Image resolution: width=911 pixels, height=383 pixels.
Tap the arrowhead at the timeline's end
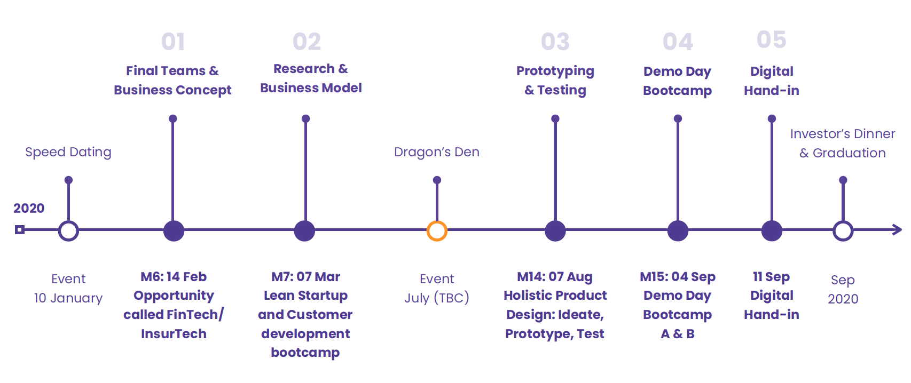pyautogui.click(x=898, y=229)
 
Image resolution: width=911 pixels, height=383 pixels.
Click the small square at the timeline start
pyautogui.click(x=20, y=230)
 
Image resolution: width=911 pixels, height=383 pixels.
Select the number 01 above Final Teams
pyautogui.click(x=173, y=42)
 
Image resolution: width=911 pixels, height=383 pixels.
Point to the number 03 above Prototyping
pyautogui.click(x=555, y=42)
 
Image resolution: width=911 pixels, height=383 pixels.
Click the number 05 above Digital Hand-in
pyautogui.click(x=772, y=39)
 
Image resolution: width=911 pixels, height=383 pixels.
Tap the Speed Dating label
pyautogui.click(x=68, y=152)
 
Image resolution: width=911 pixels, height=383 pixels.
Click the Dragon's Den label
pyautogui.click(x=437, y=152)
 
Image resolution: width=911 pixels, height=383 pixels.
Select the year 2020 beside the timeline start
pyautogui.click(x=29, y=208)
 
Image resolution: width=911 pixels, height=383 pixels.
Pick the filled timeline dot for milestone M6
pyautogui.click(x=174, y=231)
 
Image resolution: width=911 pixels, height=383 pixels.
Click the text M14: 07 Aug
pyautogui.click(x=555, y=277)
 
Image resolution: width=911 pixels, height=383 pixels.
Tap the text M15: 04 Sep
pyautogui.click(x=678, y=277)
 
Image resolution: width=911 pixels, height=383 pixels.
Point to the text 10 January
pyautogui.click(x=68, y=298)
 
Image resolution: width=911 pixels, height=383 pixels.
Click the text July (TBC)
pyautogui.click(x=437, y=298)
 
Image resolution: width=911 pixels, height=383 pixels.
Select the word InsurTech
pyautogui.click(x=174, y=334)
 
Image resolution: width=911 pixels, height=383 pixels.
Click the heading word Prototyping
pyautogui.click(x=555, y=71)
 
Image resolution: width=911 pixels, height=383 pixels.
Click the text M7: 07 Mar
pyautogui.click(x=305, y=277)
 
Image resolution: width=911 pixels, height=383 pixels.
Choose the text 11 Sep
pyautogui.click(x=772, y=277)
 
